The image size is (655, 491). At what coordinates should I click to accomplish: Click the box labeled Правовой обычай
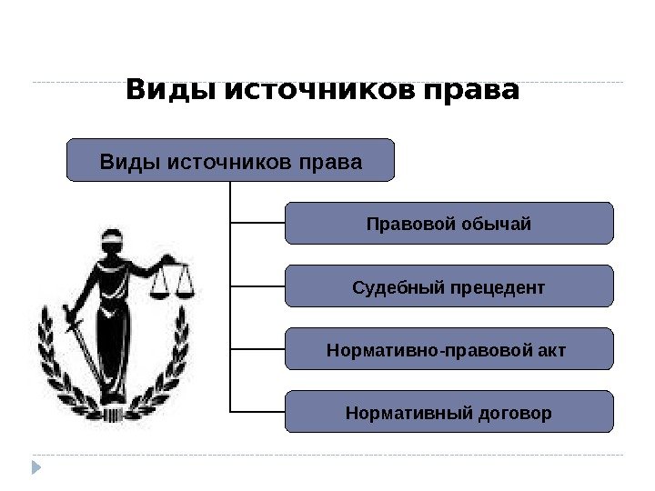pos(449,224)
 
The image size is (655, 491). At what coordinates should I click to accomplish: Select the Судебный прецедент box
pos(449,286)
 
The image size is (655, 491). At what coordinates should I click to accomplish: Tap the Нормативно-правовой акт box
pos(449,349)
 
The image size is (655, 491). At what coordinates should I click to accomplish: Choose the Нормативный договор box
pos(449,412)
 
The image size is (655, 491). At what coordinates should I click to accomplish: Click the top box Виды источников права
pos(231,161)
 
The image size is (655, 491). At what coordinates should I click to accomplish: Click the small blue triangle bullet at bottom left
pos(37,467)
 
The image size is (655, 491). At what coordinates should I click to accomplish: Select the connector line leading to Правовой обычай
pos(257,223)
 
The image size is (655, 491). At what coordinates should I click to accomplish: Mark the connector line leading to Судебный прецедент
pos(257,286)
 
